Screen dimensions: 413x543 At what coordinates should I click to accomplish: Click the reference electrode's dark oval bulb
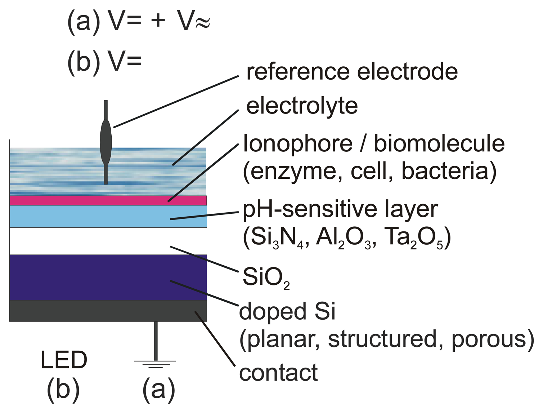pos(106,142)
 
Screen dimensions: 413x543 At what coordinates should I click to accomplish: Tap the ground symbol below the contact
pos(155,363)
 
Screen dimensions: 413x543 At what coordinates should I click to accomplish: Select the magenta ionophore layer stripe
pos(108,200)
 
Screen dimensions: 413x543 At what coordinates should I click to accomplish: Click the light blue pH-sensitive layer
pos(108,216)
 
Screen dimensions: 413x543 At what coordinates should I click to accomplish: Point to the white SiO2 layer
pos(108,241)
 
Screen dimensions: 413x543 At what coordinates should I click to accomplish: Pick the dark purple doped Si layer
pos(108,277)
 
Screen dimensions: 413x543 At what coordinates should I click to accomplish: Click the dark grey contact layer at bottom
pos(108,311)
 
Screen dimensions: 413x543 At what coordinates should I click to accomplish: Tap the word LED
pos(64,360)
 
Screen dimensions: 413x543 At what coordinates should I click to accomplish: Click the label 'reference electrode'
pos(352,72)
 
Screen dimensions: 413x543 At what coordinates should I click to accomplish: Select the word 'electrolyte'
pos(302,106)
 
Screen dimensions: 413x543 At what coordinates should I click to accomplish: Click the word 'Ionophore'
pos(298,144)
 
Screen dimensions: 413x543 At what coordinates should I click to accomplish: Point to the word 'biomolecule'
pos(439,144)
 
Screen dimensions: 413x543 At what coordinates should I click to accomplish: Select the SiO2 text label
pos(266,277)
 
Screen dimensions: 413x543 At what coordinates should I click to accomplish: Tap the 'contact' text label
pos(278,373)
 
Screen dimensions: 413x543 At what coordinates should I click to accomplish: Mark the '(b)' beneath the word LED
pos(63,390)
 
